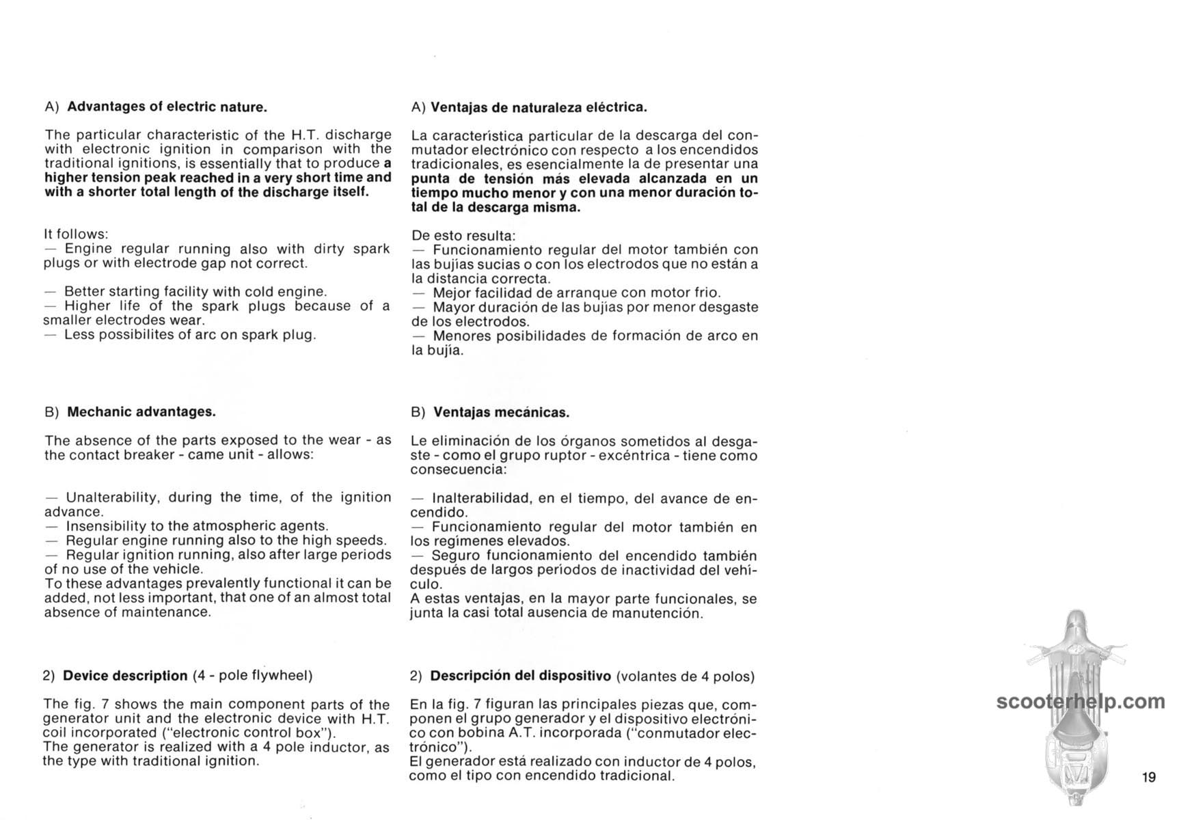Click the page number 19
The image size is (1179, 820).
tap(1148, 777)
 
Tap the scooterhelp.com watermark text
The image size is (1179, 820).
tap(1080, 702)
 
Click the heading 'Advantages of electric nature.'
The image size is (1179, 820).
tap(167, 107)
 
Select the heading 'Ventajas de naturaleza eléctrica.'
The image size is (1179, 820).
tap(539, 107)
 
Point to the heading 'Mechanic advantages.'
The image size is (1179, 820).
tap(141, 411)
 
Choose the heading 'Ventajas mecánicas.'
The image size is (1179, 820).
tap(501, 412)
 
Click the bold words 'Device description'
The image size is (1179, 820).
tap(125, 676)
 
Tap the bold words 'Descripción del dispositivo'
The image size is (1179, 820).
tap(520, 676)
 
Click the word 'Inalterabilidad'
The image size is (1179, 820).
tap(481, 499)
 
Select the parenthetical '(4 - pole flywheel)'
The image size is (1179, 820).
tap(252, 676)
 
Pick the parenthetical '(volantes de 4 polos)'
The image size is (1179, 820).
tap(686, 676)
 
